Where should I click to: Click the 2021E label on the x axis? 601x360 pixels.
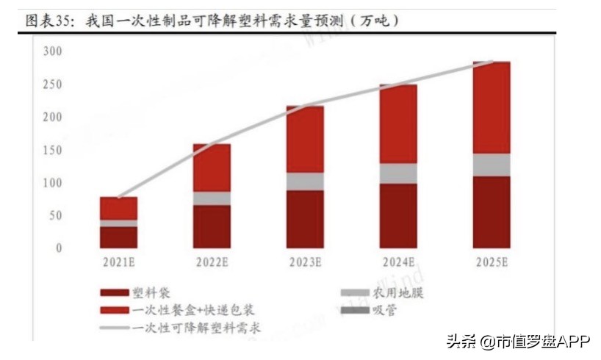click(x=118, y=262)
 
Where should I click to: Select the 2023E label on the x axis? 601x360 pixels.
click(x=304, y=262)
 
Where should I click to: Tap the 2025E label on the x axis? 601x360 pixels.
click(x=491, y=262)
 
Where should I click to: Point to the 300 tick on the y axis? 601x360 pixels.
click(x=52, y=51)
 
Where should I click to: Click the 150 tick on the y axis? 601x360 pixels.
click(x=52, y=150)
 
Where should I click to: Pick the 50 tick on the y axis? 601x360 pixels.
click(x=55, y=215)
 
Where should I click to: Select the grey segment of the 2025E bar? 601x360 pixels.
click(x=492, y=165)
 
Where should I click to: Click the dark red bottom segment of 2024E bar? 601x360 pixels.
click(x=398, y=215)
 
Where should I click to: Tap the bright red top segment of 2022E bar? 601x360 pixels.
click(x=212, y=168)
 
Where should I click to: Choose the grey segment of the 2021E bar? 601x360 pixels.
click(x=118, y=223)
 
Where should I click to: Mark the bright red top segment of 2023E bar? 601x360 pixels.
click(x=305, y=140)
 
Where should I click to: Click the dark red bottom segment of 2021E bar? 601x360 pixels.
click(x=118, y=237)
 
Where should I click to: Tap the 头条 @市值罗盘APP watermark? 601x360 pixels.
click(x=514, y=341)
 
